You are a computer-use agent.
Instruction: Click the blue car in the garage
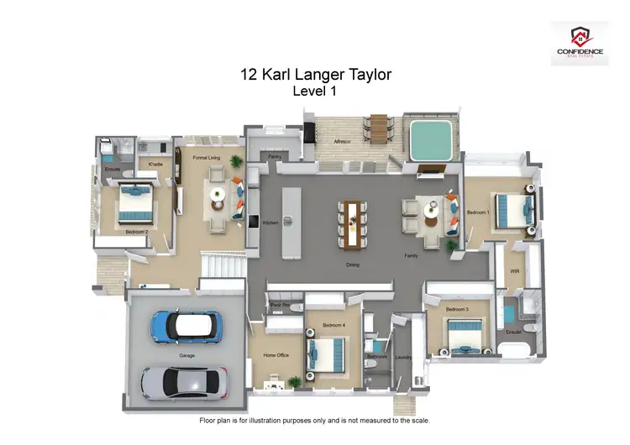186,326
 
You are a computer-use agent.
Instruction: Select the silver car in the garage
181,382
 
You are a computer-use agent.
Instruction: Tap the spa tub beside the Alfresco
429,138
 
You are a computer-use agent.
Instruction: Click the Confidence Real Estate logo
580,43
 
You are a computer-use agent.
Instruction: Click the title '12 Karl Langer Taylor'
315,75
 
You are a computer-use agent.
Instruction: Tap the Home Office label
276,355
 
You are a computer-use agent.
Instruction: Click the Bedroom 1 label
478,212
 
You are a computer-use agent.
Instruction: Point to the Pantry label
274,156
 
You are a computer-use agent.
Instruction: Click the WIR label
514,271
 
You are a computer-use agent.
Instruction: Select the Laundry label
402,358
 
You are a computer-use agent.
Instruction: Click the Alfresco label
342,142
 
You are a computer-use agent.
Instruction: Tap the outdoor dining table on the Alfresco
379,128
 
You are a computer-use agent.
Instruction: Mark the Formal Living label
207,157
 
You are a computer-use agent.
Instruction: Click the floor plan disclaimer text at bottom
314,420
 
